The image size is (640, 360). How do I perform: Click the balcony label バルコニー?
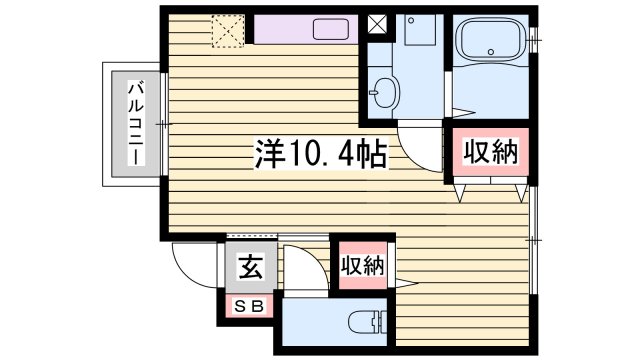point(132,126)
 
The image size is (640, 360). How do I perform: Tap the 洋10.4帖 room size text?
point(318,156)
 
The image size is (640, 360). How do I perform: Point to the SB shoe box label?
point(247,307)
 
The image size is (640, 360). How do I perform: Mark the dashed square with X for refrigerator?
point(227,30)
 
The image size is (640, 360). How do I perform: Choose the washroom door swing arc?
point(420,150)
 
